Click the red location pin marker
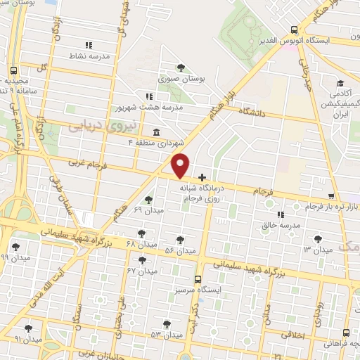[181, 165]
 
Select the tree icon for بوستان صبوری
[181, 67]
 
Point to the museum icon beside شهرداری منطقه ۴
[155, 132]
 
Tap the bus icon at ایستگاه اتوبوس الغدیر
[294, 30]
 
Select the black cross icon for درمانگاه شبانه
[202, 176]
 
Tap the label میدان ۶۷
[141, 270]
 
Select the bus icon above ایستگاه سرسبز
[198, 279]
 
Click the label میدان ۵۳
[166, 334]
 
